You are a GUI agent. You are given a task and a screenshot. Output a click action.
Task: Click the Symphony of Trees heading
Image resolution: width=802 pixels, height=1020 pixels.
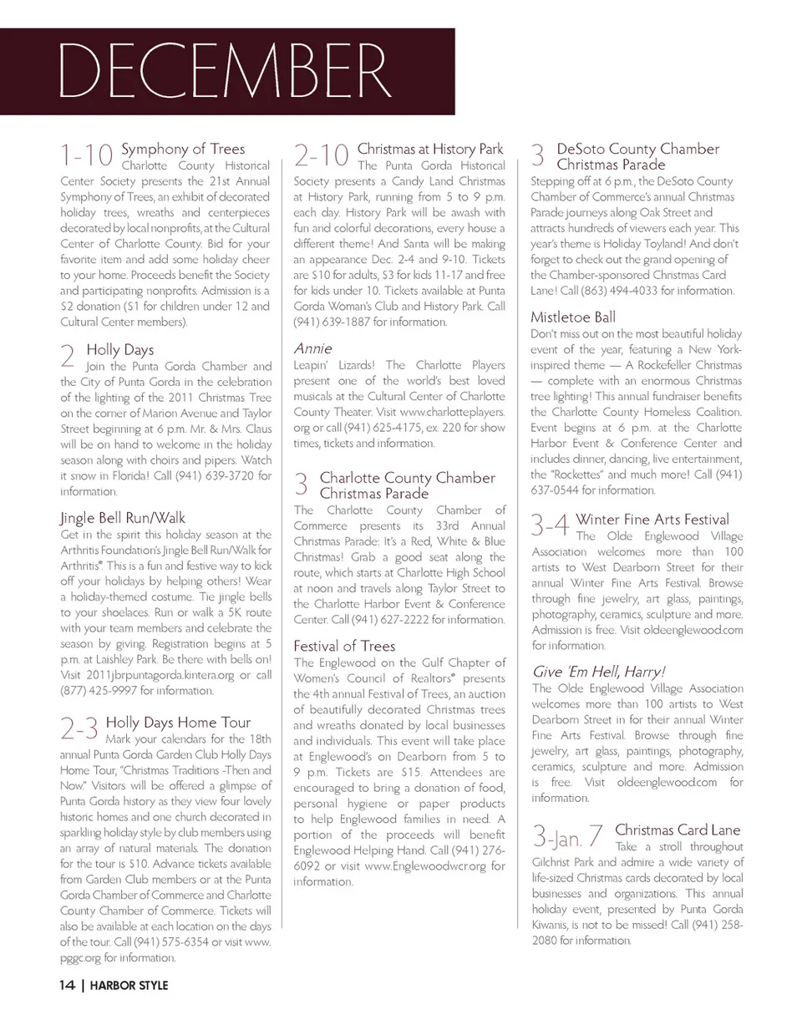pos(183,149)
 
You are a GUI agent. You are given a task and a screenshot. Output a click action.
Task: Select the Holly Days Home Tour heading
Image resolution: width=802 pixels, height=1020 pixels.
pos(179,722)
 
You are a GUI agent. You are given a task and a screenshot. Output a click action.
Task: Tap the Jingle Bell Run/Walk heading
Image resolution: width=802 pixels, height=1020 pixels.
pos(123,517)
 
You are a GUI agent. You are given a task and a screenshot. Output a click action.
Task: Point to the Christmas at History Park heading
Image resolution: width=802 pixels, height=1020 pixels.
pos(430,149)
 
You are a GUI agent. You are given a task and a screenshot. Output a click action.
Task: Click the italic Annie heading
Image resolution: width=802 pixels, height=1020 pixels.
pos(312,348)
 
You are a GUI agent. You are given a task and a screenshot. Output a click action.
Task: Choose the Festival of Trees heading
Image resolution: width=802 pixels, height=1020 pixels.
pos(344,645)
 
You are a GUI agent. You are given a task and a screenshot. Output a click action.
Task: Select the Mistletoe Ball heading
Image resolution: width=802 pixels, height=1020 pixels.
pos(573,317)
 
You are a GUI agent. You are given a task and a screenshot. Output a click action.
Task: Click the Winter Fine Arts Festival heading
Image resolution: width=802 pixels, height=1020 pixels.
pos(652,520)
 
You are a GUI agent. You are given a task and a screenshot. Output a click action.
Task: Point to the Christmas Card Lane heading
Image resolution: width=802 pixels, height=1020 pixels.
pos(678,830)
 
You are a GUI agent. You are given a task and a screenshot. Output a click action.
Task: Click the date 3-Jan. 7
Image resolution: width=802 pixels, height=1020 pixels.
pos(568,836)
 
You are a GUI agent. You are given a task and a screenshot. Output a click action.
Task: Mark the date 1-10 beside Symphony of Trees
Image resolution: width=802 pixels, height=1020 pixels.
pos(86,155)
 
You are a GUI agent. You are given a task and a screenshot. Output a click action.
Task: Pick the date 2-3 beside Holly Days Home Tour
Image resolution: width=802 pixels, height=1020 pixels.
pos(80,728)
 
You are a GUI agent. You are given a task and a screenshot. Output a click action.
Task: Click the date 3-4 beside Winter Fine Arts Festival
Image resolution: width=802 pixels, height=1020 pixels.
pos(551,526)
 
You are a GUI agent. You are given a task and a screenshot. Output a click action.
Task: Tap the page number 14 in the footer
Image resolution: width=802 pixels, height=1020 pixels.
pos(68,985)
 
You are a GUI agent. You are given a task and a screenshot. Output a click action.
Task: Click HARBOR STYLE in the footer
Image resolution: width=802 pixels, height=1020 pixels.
pos(129,986)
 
